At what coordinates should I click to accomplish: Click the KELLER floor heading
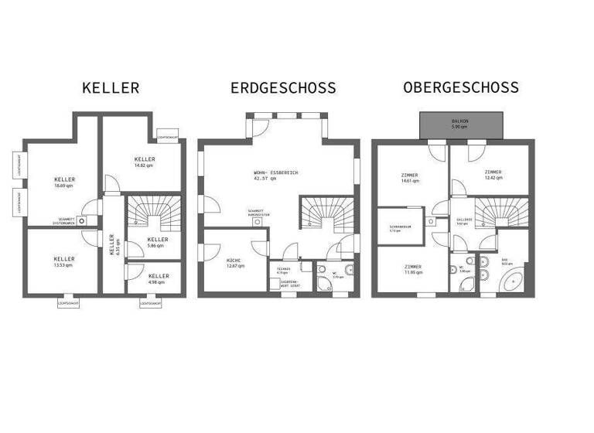click(111, 88)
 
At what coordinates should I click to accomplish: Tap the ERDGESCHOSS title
click(283, 88)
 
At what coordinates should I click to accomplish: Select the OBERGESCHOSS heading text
click(460, 88)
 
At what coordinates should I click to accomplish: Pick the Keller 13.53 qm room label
click(63, 261)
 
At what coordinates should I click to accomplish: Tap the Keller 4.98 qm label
click(159, 278)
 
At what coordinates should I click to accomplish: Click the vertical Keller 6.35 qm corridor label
click(113, 246)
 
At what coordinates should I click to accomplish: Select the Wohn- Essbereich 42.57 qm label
click(275, 175)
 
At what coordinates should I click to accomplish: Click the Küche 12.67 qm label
click(235, 264)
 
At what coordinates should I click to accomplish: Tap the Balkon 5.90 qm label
click(461, 124)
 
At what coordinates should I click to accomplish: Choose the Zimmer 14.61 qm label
click(409, 178)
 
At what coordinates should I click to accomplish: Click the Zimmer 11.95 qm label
click(413, 270)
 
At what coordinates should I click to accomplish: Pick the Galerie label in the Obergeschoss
click(463, 221)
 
